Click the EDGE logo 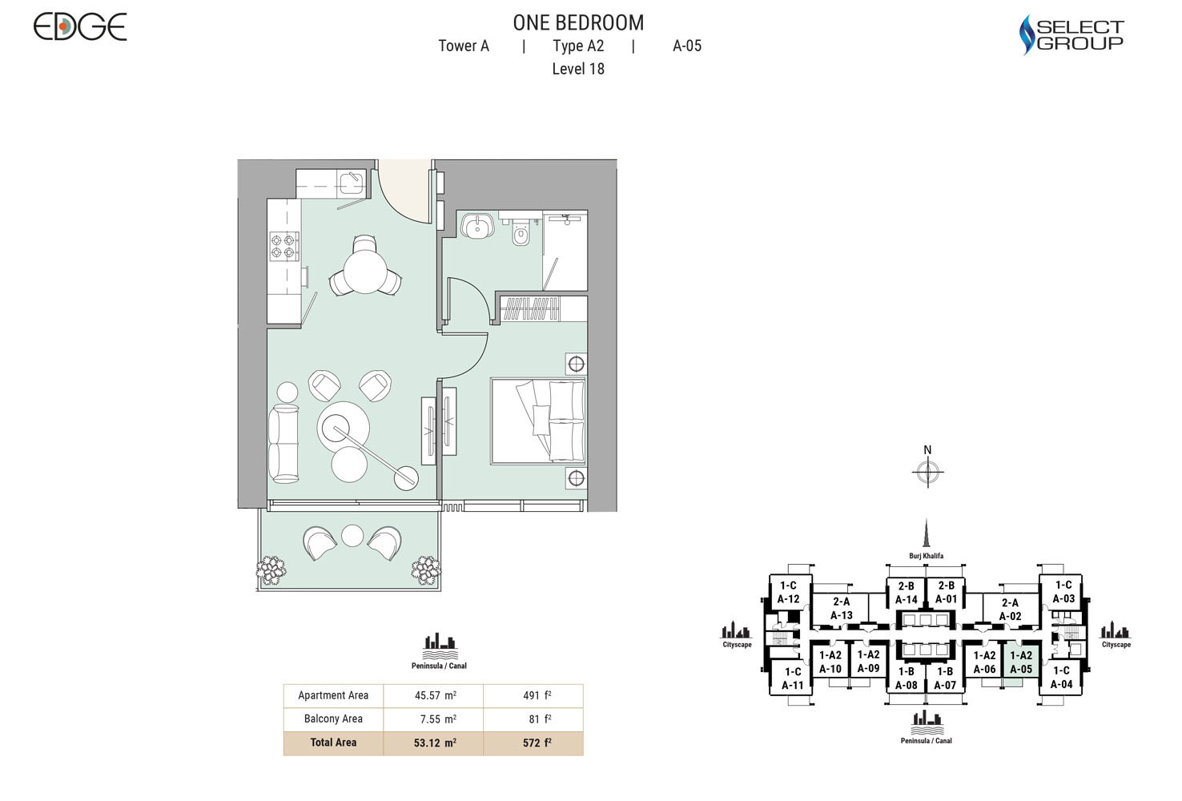pyautogui.click(x=80, y=27)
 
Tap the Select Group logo pyautogui.click(x=1071, y=36)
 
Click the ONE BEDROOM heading pyautogui.click(x=578, y=22)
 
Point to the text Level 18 pyautogui.click(x=578, y=69)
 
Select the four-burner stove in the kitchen pyautogui.click(x=283, y=245)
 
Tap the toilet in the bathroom pyautogui.click(x=521, y=235)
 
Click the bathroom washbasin pyautogui.click(x=479, y=225)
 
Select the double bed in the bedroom pyautogui.click(x=538, y=421)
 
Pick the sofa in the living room pyautogui.click(x=283, y=444)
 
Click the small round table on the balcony pyautogui.click(x=352, y=536)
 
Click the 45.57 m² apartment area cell pyautogui.click(x=435, y=695)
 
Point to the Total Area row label pyautogui.click(x=333, y=743)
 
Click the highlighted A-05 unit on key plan pyautogui.click(x=1020, y=663)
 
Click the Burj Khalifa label pyautogui.click(x=926, y=556)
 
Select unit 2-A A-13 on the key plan pyautogui.click(x=841, y=609)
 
